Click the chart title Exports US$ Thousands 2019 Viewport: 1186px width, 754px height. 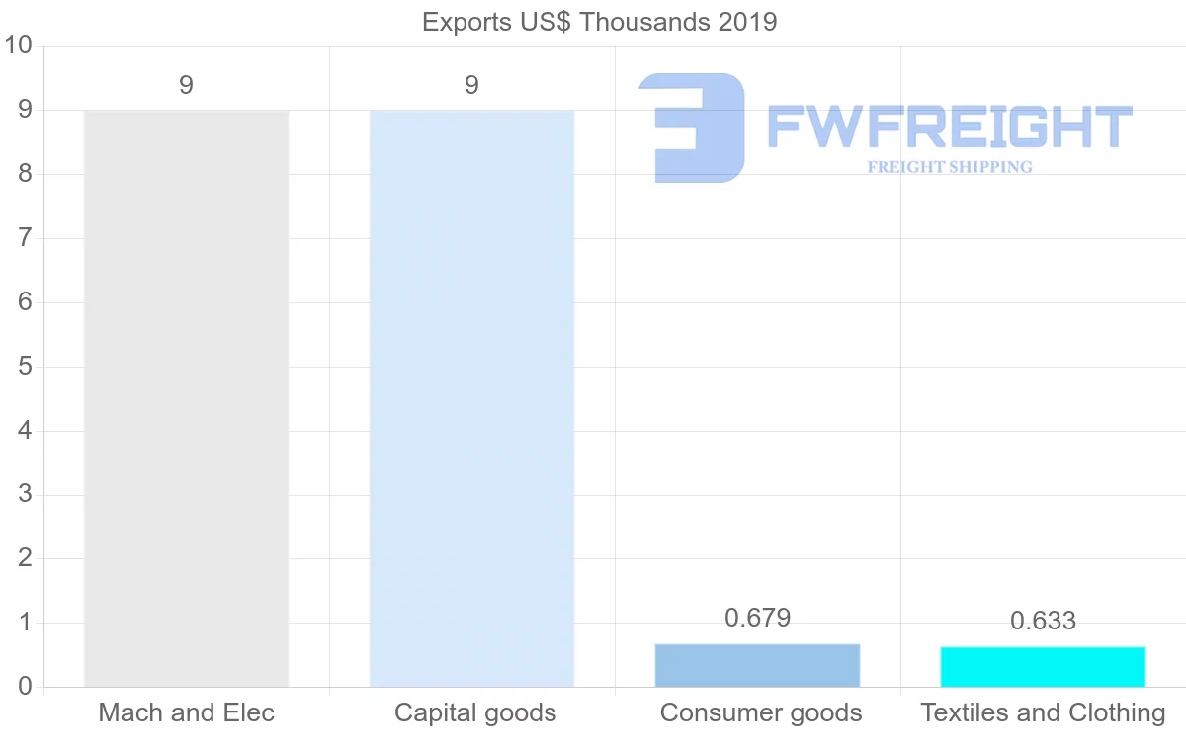(x=599, y=22)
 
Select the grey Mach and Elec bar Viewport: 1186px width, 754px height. (x=186, y=395)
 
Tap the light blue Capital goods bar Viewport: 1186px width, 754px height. (x=471, y=395)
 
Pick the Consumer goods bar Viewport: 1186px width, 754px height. (x=757, y=665)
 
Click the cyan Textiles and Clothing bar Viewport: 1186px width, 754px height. (x=1043, y=667)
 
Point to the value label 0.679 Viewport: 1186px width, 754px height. (x=757, y=619)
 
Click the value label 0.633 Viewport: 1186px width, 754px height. (x=1043, y=622)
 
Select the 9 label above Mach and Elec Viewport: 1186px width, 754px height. (x=186, y=86)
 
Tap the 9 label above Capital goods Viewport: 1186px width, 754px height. (x=471, y=86)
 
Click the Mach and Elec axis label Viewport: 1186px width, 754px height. (x=186, y=712)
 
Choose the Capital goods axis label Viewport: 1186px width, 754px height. (x=475, y=712)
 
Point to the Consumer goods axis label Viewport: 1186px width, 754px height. (x=760, y=712)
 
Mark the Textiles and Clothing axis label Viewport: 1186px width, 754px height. (x=1043, y=712)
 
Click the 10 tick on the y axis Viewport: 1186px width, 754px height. (x=19, y=45)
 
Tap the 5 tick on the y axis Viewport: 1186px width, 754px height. (x=25, y=367)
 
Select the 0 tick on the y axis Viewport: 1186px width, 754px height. (x=25, y=687)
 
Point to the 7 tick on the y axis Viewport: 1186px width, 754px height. (x=25, y=238)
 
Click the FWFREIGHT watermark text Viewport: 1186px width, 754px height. (x=949, y=127)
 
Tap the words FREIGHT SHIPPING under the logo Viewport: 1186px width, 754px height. (x=949, y=167)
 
